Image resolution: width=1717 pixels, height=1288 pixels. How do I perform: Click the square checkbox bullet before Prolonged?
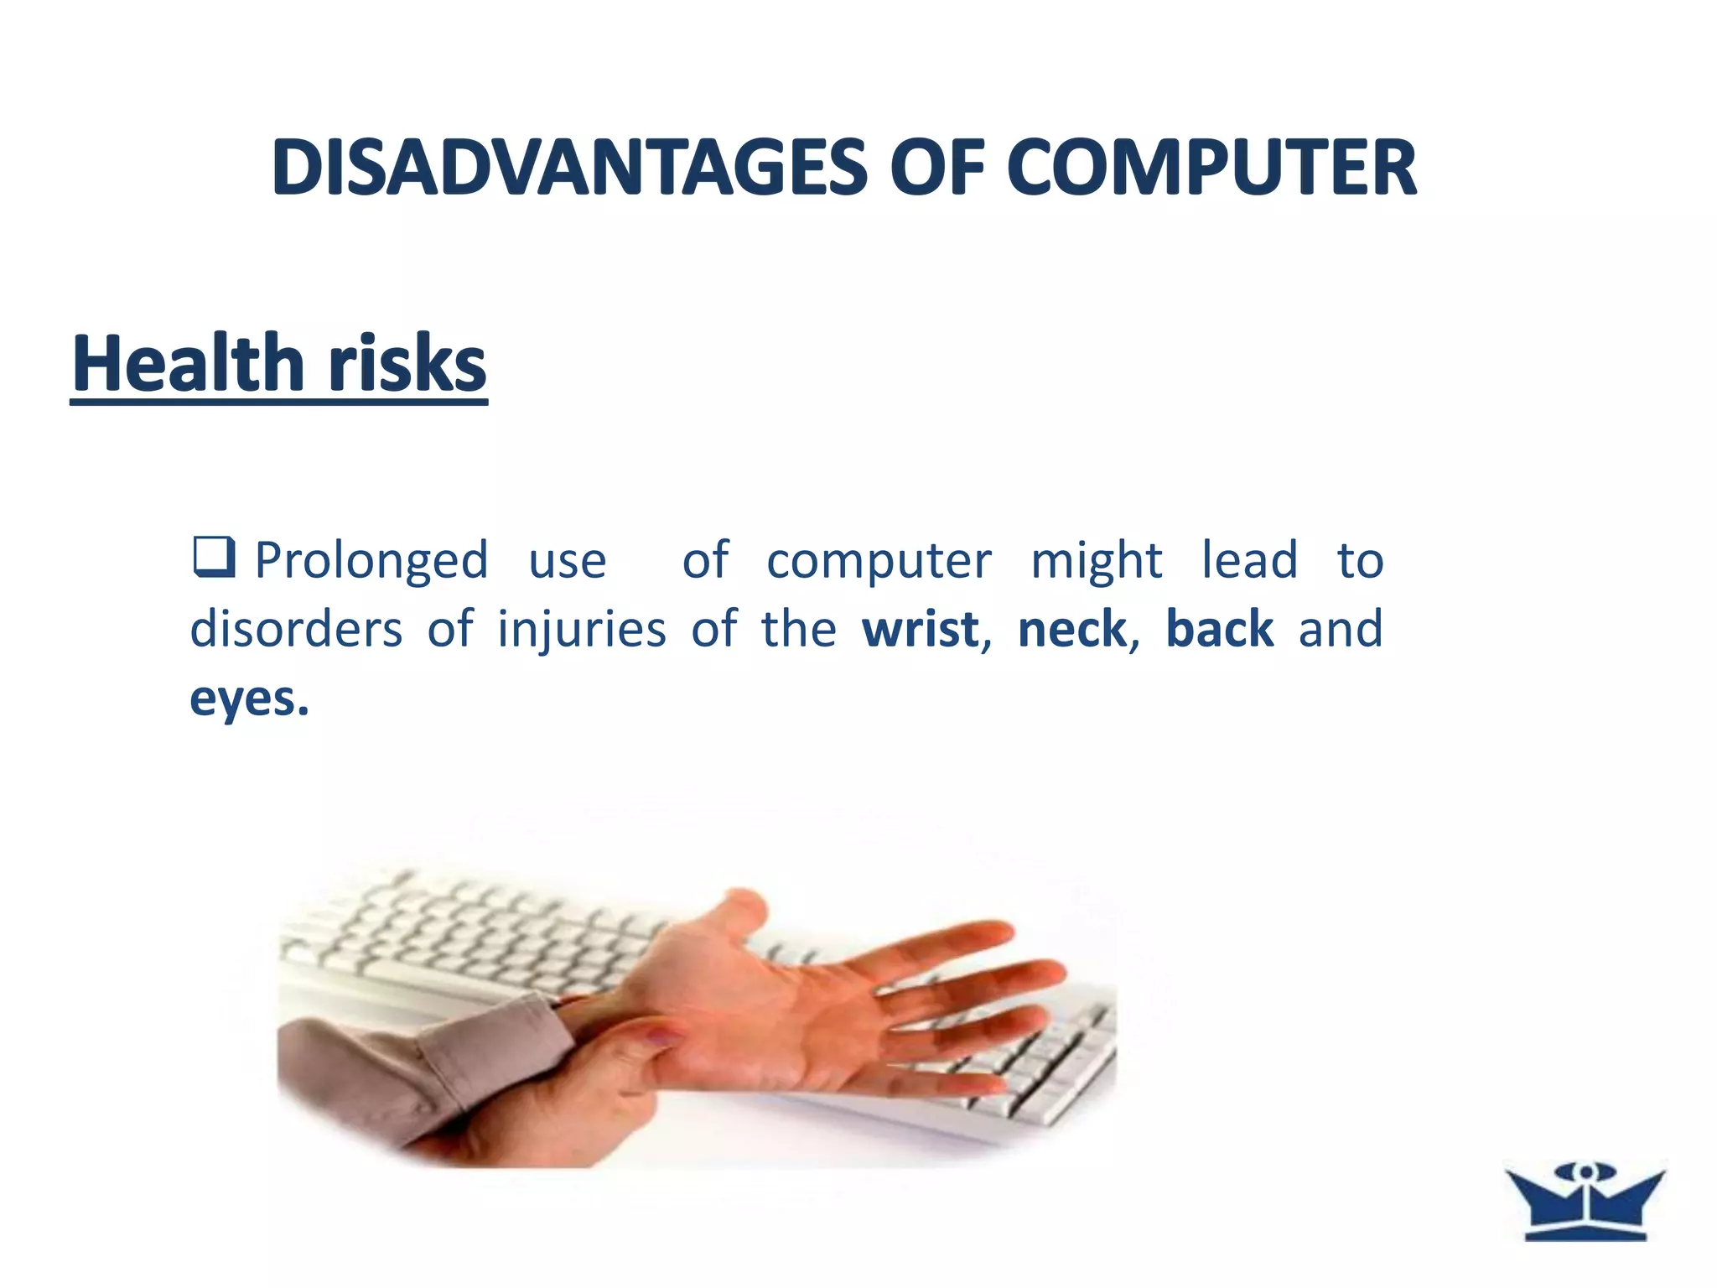(x=213, y=558)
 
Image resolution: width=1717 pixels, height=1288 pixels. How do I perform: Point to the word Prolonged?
(x=371, y=560)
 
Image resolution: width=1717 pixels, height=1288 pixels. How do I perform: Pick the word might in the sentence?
(x=1096, y=560)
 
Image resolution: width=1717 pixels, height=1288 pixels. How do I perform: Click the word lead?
(x=1249, y=560)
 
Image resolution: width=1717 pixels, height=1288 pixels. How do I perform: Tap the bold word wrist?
(x=921, y=629)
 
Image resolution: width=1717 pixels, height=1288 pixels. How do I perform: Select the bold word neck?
(x=1072, y=629)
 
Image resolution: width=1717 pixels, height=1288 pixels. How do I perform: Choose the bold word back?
(x=1220, y=629)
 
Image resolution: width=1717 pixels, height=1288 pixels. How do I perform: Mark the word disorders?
(x=296, y=629)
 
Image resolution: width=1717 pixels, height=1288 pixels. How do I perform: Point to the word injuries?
(x=582, y=629)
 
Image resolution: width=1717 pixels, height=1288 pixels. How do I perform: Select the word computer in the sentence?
(x=879, y=560)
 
